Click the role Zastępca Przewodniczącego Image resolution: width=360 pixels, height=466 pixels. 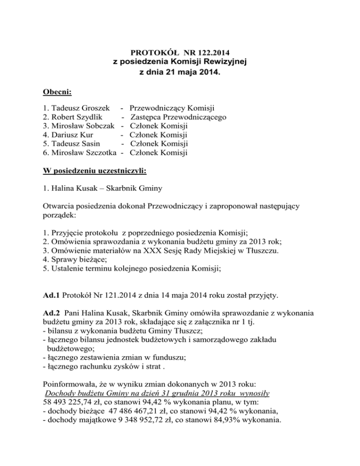[x=179, y=117]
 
